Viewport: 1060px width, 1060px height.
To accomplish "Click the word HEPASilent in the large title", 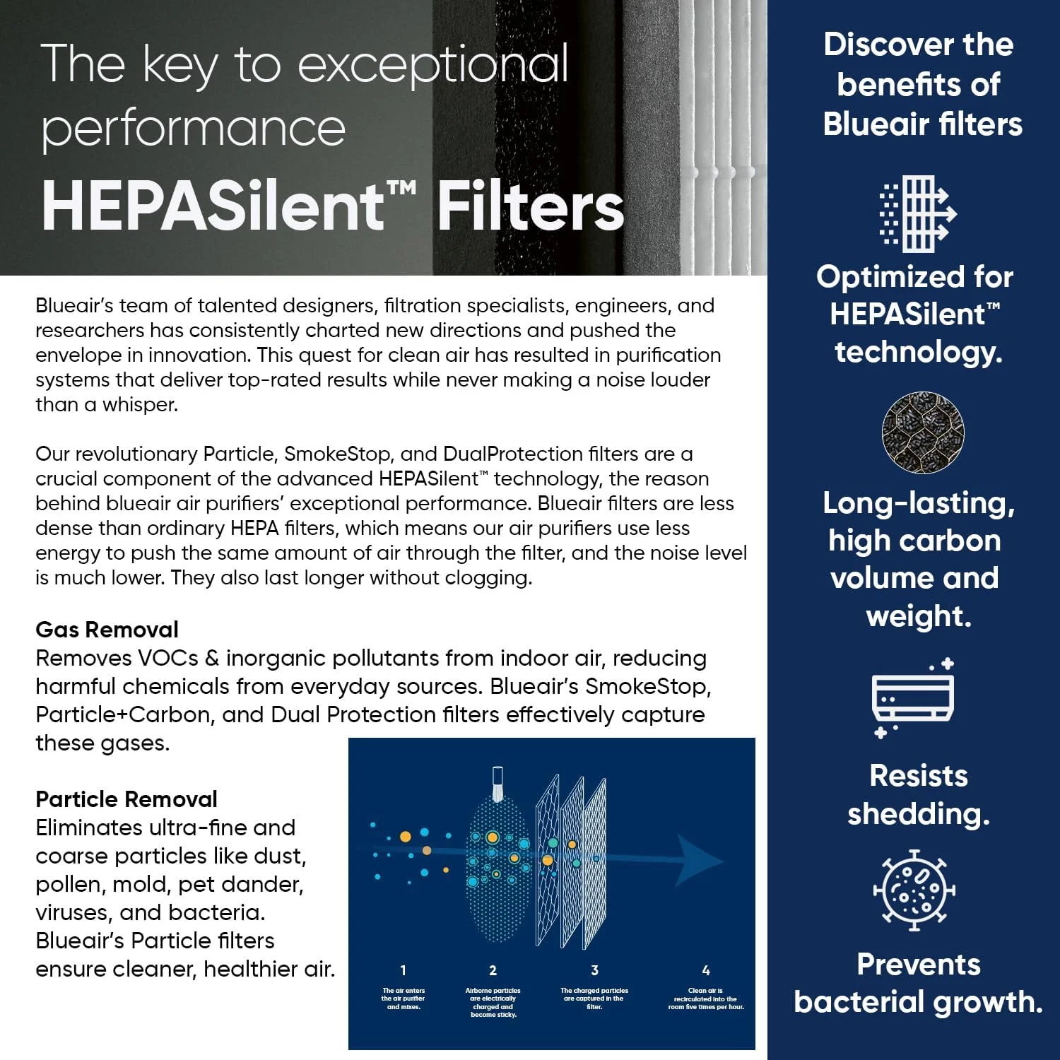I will tap(212, 206).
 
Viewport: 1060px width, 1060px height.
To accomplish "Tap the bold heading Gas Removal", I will tap(107, 630).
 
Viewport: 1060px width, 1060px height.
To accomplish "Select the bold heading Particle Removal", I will tap(126, 799).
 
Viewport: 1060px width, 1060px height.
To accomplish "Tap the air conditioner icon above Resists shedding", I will tap(913, 698).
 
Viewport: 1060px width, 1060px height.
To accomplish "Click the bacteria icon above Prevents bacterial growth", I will tap(914, 890).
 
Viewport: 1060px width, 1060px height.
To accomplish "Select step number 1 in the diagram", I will tap(403, 970).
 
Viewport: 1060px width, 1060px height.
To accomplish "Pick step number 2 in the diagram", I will tap(493, 970).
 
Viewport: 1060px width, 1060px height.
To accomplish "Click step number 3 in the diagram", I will tap(594, 970).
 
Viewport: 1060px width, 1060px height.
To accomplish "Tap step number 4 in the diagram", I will tap(705, 970).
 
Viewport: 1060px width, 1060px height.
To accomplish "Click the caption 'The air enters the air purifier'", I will tap(404, 999).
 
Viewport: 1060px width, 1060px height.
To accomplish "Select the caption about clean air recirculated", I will tap(706, 999).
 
